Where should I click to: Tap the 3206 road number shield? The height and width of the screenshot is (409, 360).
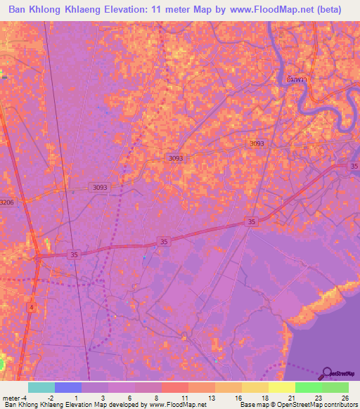coord(6,202)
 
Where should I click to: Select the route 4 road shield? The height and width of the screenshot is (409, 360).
coord(32,306)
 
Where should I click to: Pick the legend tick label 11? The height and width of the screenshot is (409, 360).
coord(184,397)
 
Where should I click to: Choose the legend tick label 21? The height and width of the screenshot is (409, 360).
coord(292,397)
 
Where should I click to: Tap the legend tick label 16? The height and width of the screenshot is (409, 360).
coord(238,397)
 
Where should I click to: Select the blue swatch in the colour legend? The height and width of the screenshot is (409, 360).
coord(67,387)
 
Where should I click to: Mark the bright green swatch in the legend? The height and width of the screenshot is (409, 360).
coord(309,387)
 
